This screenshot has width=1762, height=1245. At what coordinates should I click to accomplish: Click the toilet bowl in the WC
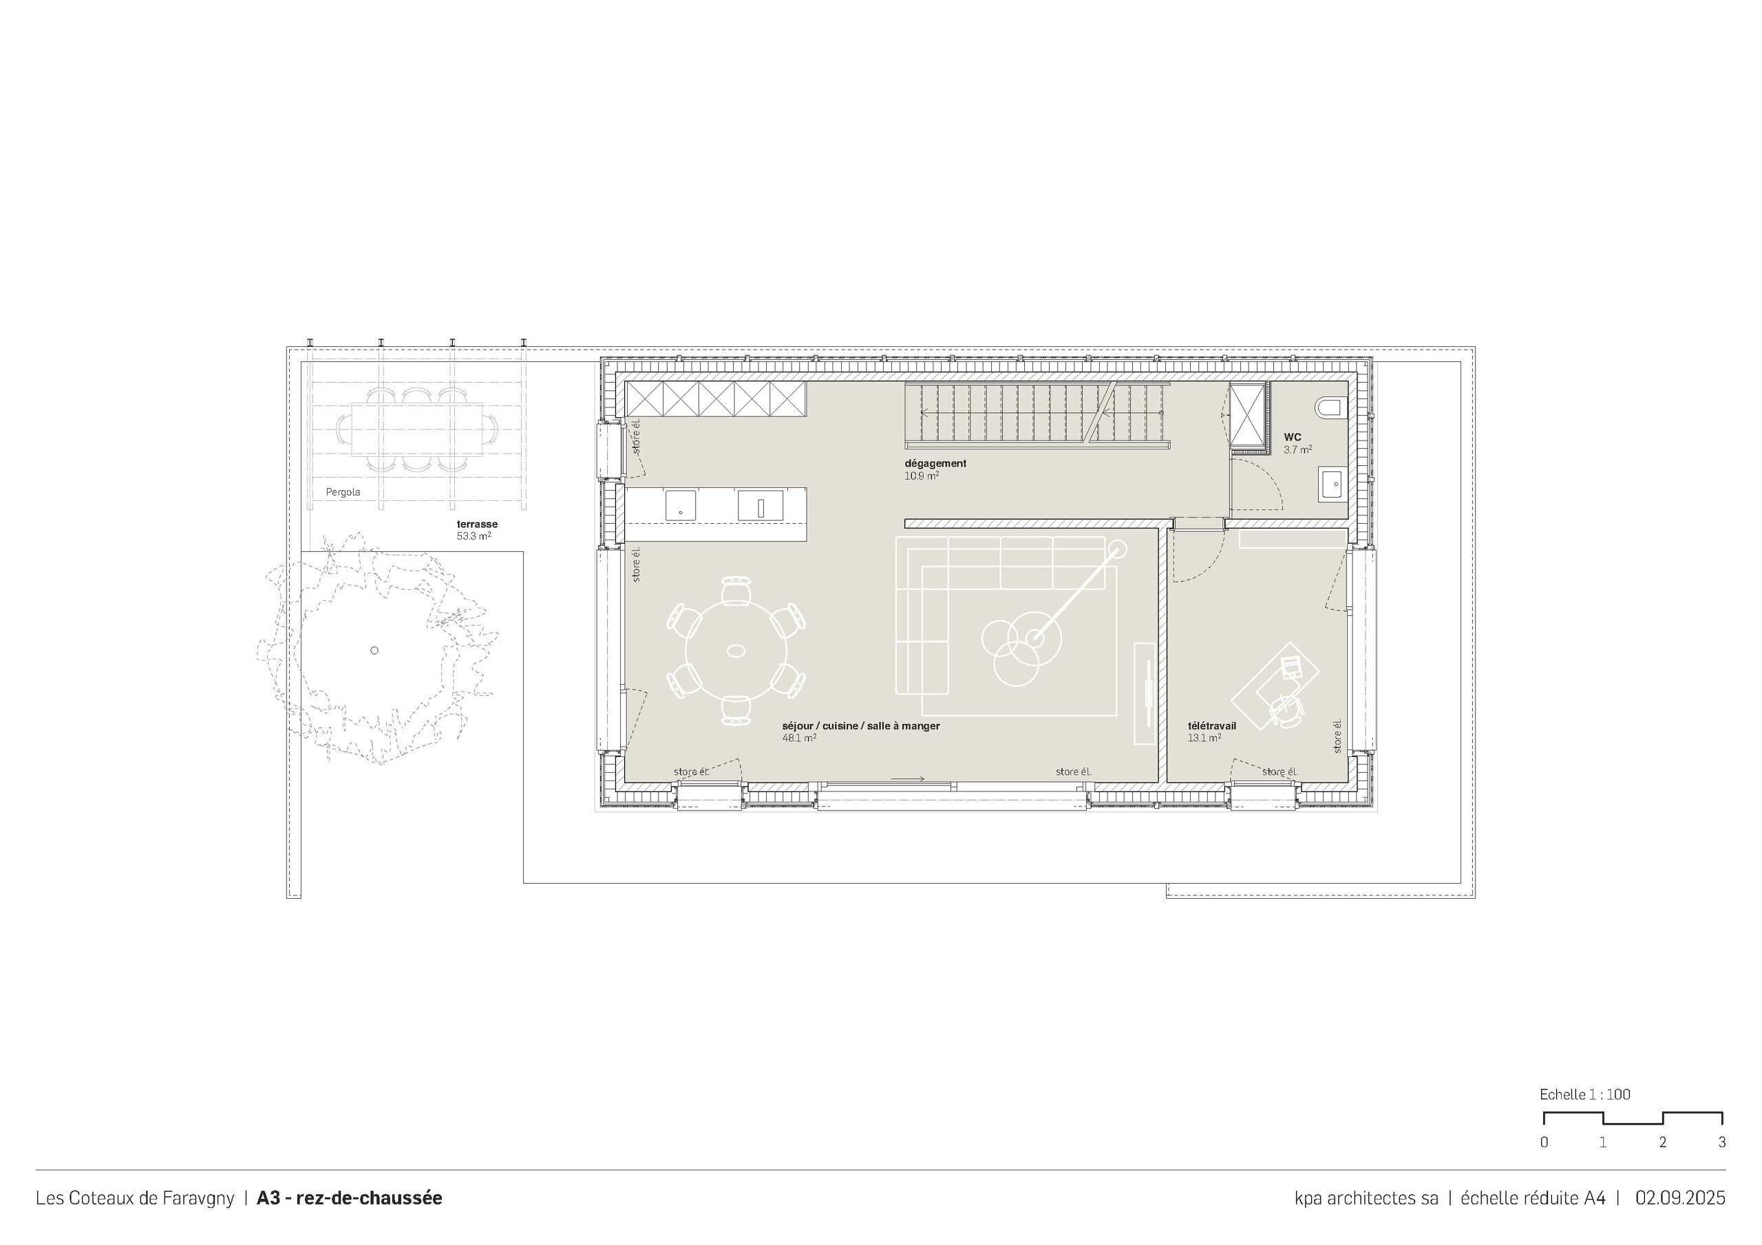tap(1330, 407)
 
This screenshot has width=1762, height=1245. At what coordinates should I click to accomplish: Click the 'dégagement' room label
tap(935, 464)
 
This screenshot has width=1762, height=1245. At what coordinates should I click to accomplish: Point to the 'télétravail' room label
tap(1212, 725)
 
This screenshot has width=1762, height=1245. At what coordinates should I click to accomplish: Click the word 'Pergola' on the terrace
tap(342, 492)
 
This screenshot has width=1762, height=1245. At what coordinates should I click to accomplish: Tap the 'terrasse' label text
tap(476, 524)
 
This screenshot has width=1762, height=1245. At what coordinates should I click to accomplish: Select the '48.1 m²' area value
tap(799, 738)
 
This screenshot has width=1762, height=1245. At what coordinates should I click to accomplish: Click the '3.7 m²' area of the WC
tap(1297, 450)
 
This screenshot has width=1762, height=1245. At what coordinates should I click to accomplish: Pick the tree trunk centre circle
tap(374, 650)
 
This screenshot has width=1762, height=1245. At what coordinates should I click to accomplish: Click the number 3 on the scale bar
tap(1721, 1142)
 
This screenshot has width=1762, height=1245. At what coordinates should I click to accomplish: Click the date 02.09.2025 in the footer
tap(1680, 1198)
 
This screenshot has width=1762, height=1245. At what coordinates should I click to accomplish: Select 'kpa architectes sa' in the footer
tap(1366, 1198)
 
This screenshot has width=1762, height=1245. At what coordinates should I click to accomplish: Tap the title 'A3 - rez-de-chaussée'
tap(349, 1198)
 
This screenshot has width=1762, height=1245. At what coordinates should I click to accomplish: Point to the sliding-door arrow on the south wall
tap(908, 779)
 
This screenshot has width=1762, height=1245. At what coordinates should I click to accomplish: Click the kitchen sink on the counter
tap(760, 506)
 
